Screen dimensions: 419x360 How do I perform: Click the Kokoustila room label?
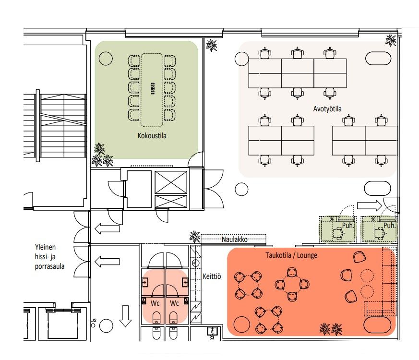click(x=152, y=135)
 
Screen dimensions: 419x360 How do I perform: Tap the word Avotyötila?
click(x=327, y=109)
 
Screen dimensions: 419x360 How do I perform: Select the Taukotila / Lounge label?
click(x=291, y=255)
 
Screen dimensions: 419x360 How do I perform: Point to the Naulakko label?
click(x=234, y=239)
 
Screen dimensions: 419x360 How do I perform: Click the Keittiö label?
click(x=212, y=276)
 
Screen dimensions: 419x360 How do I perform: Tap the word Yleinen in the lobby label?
click(x=45, y=247)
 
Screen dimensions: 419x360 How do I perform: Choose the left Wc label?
click(x=155, y=303)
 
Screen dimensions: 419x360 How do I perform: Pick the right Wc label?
click(x=174, y=303)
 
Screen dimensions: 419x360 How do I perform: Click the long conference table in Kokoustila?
click(x=152, y=90)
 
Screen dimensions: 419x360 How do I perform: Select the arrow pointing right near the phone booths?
click(x=369, y=205)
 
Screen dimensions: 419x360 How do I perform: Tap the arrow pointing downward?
click(x=125, y=316)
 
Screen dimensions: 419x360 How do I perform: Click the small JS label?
click(x=94, y=320)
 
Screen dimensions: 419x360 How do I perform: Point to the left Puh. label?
click(x=348, y=225)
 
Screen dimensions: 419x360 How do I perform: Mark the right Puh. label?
click(x=389, y=225)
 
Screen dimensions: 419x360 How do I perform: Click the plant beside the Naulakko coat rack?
click(x=195, y=237)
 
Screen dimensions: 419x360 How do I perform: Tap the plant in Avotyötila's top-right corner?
click(x=391, y=40)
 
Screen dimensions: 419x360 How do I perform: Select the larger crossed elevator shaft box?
click(x=171, y=182)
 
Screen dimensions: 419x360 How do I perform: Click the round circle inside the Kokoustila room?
click(x=106, y=59)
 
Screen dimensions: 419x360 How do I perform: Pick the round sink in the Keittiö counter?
click(x=195, y=263)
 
